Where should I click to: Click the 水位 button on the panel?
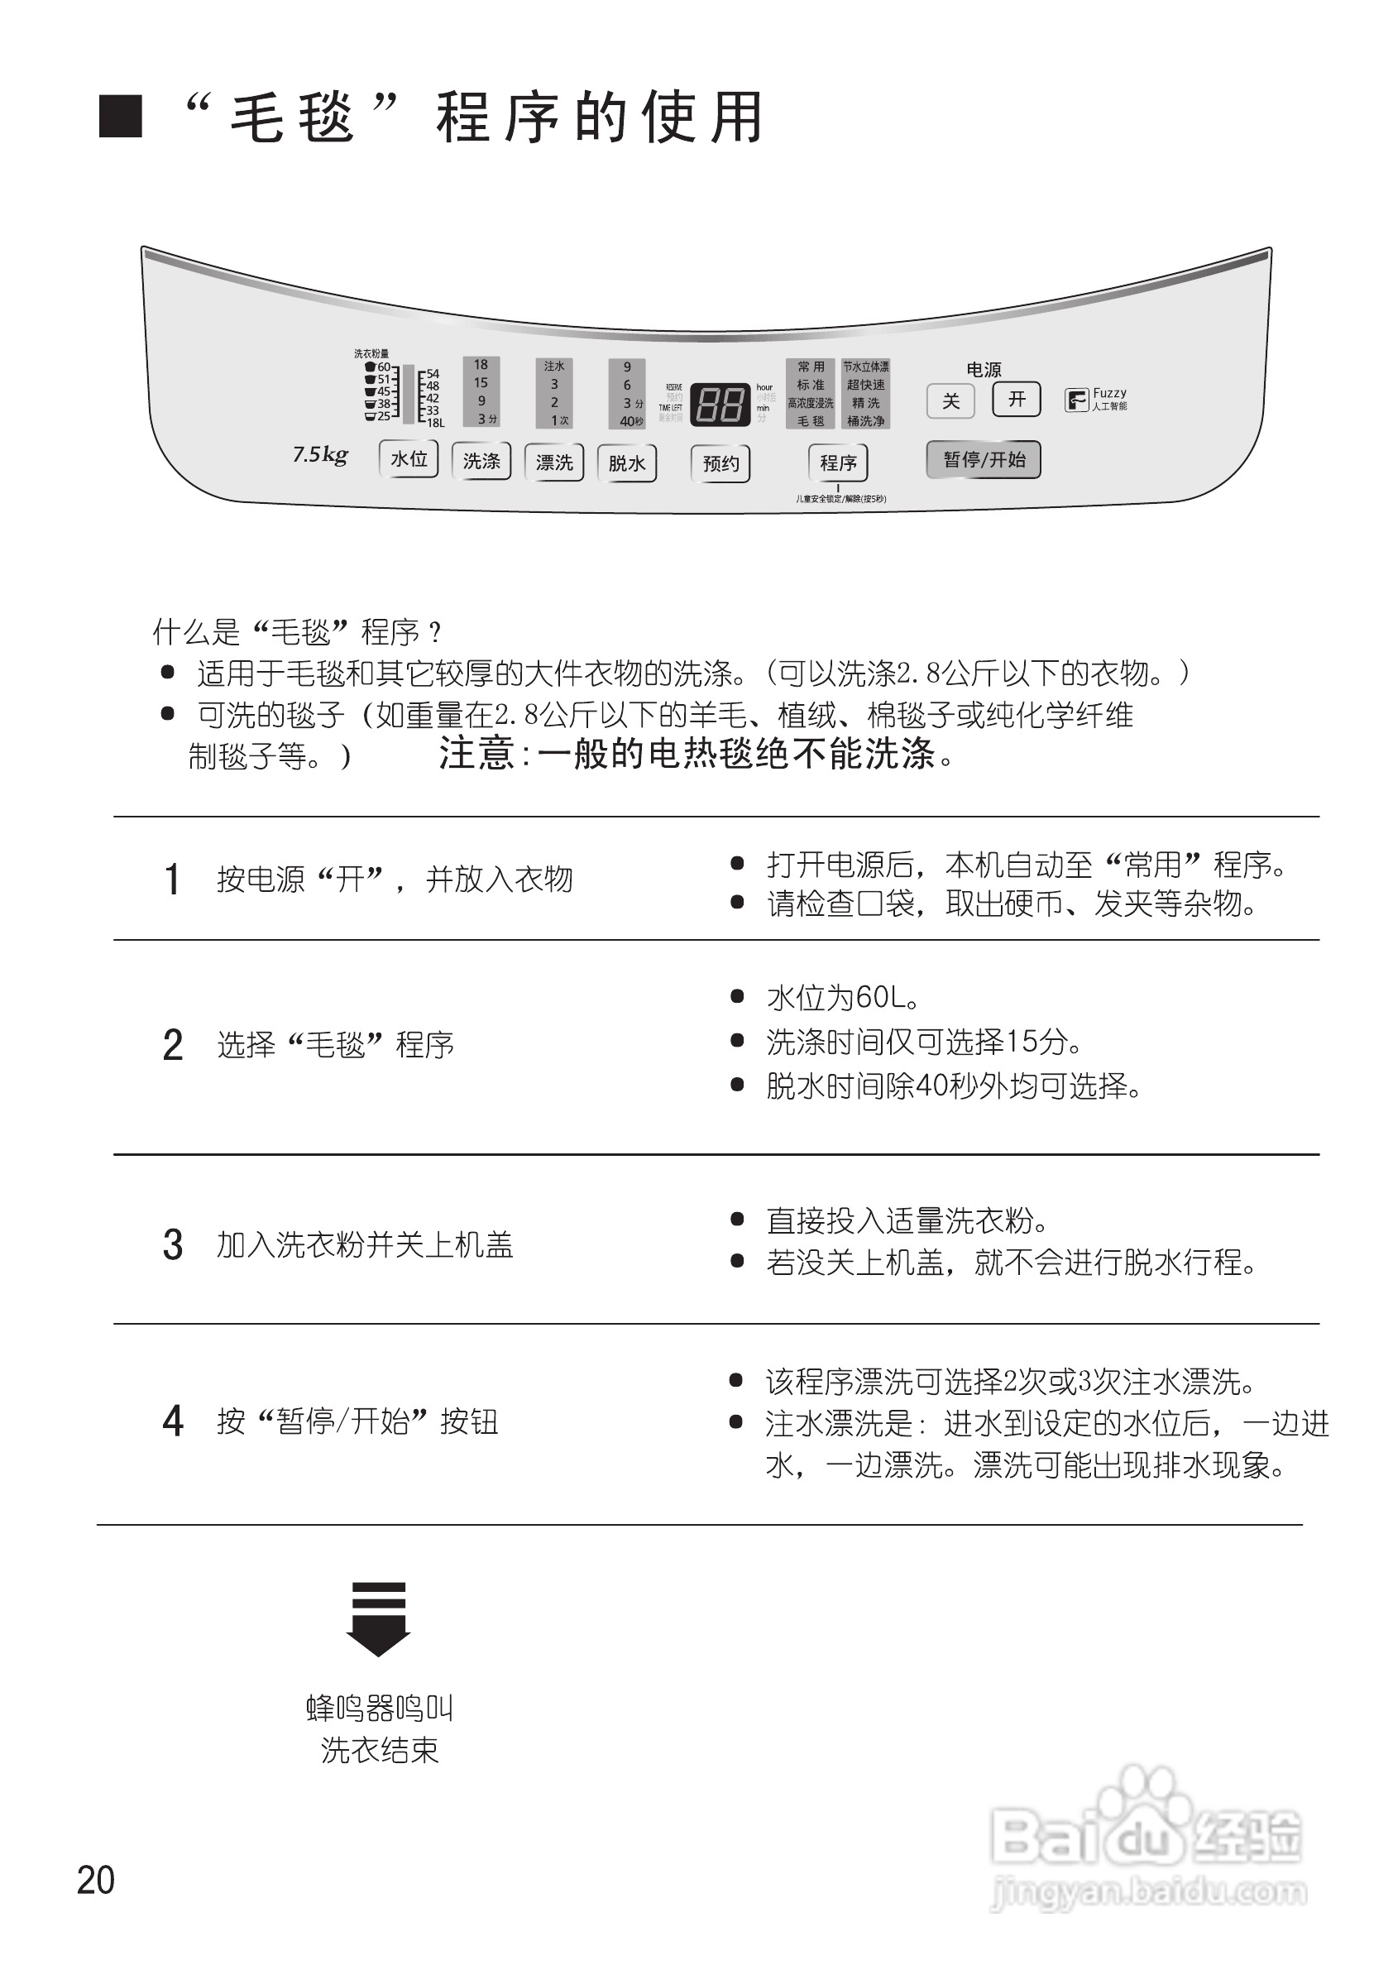409,459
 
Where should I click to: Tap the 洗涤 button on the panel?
481,462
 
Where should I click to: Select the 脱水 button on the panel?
627,463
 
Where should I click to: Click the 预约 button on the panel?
720,464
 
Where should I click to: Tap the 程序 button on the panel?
838,463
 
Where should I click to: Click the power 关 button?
950,400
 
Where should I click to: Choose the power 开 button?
1017,399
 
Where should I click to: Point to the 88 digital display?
720,403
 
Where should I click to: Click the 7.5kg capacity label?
320,455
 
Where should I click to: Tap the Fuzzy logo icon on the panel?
1076,400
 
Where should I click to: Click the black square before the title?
120,117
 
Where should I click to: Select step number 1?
172,880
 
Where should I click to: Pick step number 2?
172,1045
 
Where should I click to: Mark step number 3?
172,1245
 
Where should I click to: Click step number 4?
172,1421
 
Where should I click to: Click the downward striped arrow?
378,1618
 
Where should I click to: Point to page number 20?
95,1880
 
